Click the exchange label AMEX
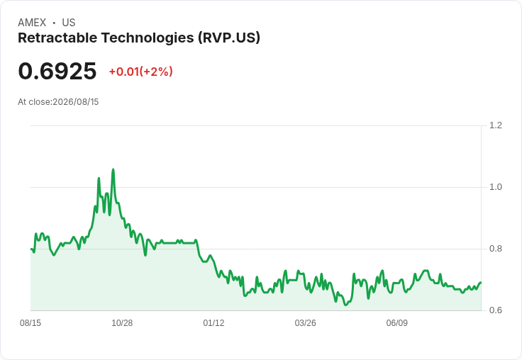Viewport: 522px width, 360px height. click(32, 23)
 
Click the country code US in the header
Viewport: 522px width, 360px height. click(69, 23)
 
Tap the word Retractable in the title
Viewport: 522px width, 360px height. click(57, 38)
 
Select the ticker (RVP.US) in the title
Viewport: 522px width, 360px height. click(229, 38)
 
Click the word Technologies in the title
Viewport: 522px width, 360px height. click(148, 38)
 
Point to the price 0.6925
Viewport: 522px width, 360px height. click(57, 71)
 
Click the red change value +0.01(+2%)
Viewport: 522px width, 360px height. click(141, 72)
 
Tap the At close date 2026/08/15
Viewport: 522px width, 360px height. click(76, 102)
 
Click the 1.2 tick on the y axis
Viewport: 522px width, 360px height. click(495, 125)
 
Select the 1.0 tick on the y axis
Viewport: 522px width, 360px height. click(495, 187)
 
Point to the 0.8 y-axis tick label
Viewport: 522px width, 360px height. click(495, 249)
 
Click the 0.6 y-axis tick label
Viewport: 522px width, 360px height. click(495, 310)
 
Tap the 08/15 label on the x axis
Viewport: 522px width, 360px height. click(30, 322)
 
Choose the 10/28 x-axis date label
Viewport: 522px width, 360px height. click(122, 322)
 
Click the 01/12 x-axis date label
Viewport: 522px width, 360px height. click(213, 322)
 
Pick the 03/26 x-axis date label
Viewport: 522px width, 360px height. click(305, 322)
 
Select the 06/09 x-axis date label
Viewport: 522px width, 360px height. click(397, 322)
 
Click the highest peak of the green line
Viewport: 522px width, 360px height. click(113, 169)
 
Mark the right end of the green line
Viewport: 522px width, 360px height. click(481, 283)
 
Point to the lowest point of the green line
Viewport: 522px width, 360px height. click(345, 305)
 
